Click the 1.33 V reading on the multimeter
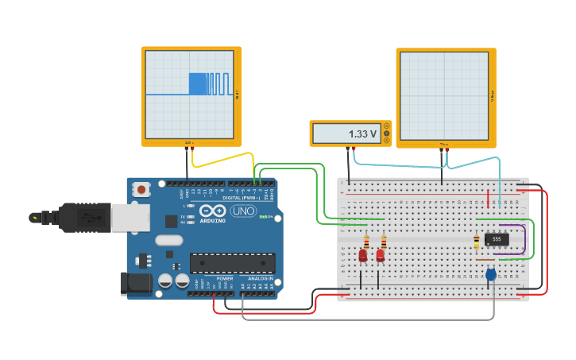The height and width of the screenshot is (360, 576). pos(362,134)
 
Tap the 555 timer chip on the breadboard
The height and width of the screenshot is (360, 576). pos(497,238)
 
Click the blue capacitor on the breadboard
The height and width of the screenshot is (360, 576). pos(490,274)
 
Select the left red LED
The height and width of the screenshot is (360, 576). pos(363,255)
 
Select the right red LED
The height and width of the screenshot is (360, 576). pos(381,255)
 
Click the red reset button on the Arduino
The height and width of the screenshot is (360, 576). pos(141,189)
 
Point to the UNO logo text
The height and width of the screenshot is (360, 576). pos(242,211)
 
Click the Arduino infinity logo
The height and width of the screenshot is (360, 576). pos(213,211)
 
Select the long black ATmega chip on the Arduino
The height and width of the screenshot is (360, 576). pos(232,263)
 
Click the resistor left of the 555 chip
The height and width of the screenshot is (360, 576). pos(477,242)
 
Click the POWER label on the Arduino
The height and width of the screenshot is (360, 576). pos(225,279)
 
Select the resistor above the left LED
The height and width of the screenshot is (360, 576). pos(366,241)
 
